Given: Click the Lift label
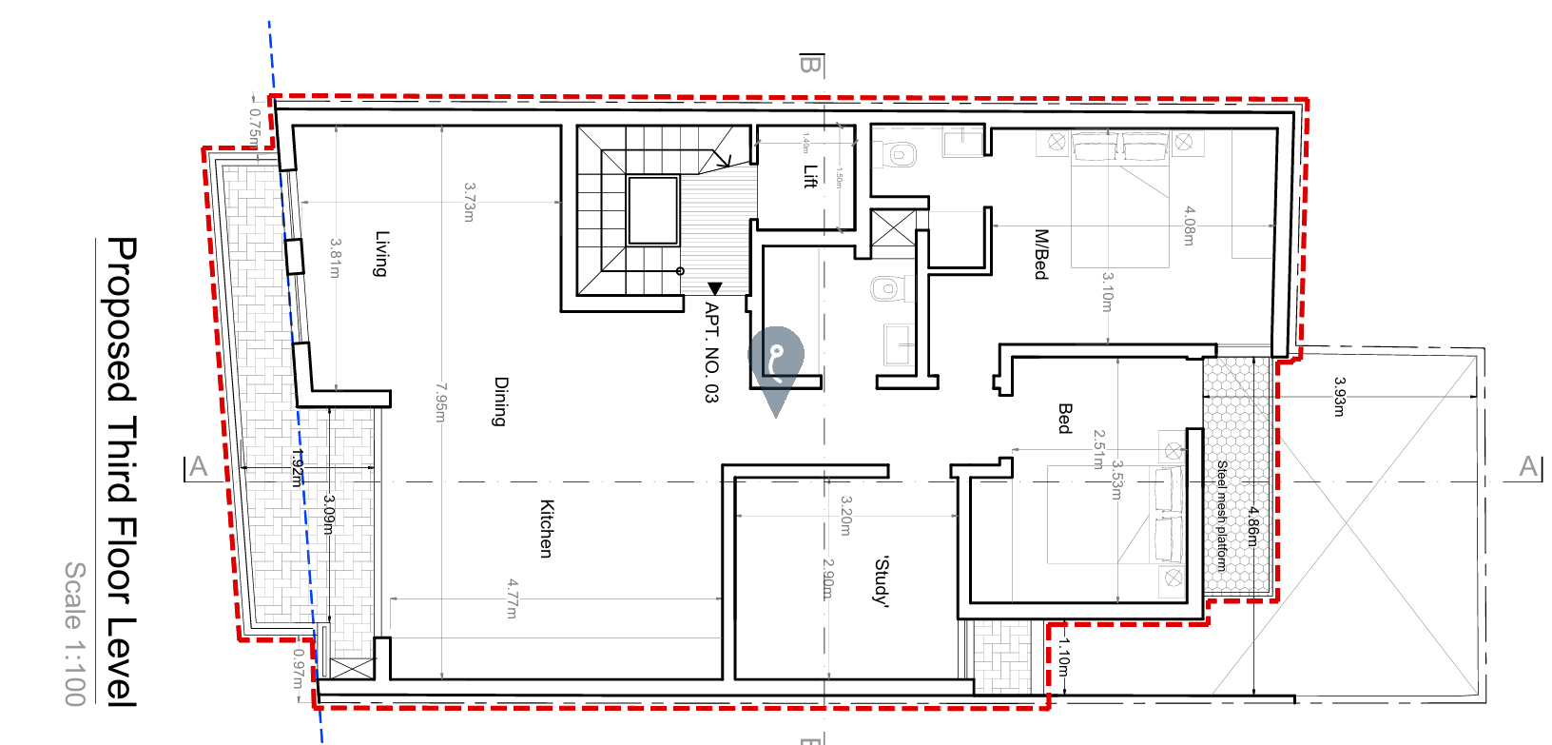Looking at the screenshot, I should point(810,177).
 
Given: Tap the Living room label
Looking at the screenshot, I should point(381,253).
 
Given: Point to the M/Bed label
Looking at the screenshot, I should point(1041,254).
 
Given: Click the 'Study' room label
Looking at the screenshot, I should point(882,581).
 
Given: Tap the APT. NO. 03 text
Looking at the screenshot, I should point(711,352).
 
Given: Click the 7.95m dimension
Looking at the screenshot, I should point(440,402).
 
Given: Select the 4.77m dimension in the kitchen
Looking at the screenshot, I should point(512,598).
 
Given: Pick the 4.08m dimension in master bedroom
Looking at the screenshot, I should point(1189,225).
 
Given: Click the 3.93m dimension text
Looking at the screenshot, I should point(1339,397).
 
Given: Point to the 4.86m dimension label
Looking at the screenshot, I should point(1253,526).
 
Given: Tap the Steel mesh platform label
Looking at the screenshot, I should point(1222,515).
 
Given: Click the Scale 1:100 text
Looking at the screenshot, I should point(75,633).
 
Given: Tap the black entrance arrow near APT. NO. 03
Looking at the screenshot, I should point(715,288).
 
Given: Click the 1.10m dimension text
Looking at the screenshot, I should point(1064,657).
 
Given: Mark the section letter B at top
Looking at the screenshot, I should point(810,65).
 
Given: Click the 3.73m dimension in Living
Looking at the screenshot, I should point(469,202).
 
